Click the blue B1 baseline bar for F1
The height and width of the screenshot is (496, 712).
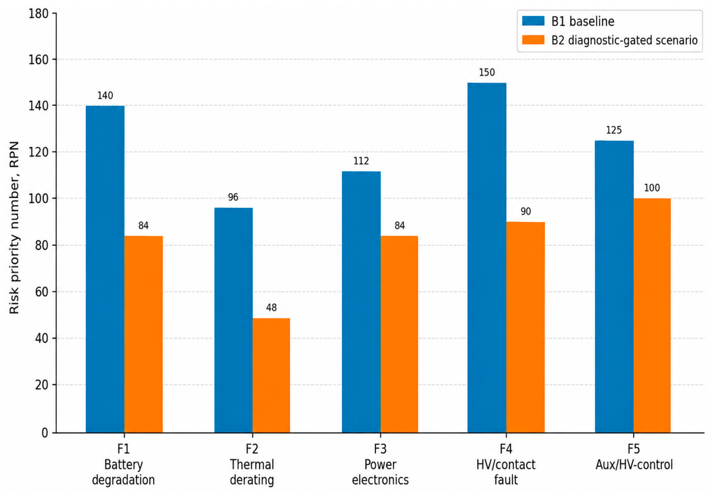(x=105, y=269)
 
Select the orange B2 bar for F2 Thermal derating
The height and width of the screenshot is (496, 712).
(x=271, y=375)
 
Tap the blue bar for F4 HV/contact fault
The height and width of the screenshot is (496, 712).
(x=487, y=258)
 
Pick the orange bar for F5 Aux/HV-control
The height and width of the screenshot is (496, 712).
(x=652, y=315)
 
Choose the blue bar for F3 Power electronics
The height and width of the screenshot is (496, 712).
(x=361, y=302)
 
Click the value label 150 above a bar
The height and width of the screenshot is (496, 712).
(x=487, y=73)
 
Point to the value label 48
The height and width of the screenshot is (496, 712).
(x=271, y=308)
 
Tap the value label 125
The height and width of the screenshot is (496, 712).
(x=614, y=130)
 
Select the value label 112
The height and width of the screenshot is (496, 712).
(x=361, y=161)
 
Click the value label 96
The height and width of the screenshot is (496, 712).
(x=233, y=197)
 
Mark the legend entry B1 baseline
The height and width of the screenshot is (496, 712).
(x=568, y=21)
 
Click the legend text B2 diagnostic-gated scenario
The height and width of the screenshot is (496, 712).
(x=625, y=40)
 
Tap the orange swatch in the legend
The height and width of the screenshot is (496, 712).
(x=533, y=40)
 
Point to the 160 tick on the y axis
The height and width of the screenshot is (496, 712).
(x=39, y=59)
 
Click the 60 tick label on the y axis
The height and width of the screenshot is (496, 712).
(x=42, y=292)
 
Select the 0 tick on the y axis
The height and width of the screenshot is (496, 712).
(x=45, y=433)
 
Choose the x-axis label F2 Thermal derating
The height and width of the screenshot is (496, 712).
(x=252, y=464)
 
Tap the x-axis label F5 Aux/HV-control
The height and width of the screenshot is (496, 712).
(x=634, y=457)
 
